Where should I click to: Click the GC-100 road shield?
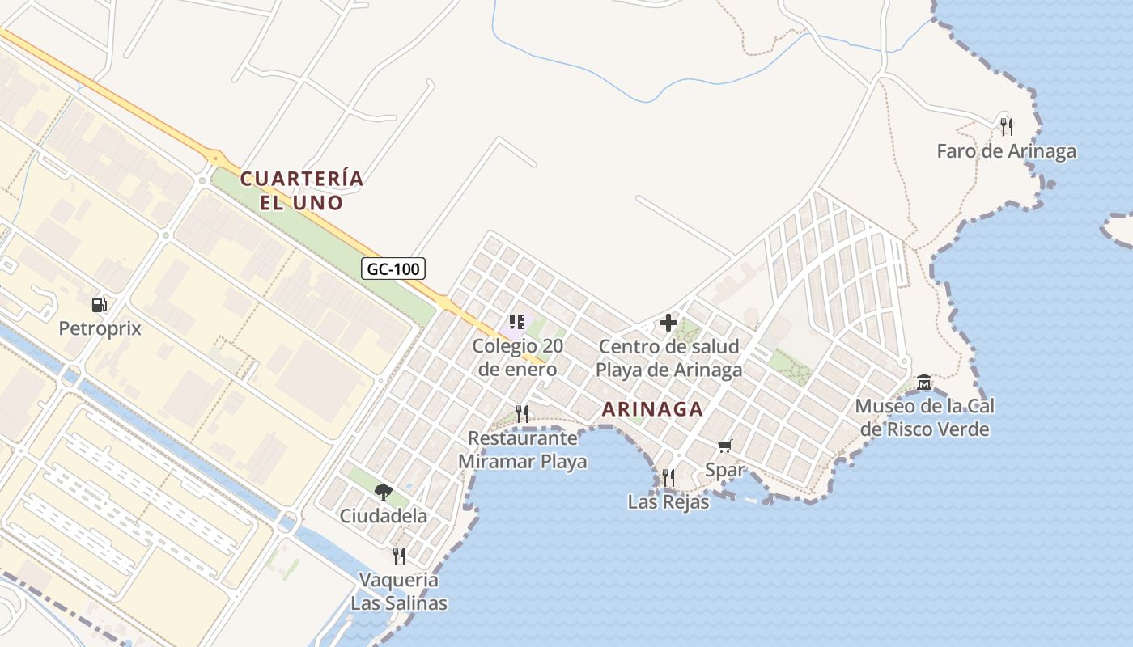(393, 269)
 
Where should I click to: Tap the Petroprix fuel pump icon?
(100, 305)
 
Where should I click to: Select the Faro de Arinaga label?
(1006, 151)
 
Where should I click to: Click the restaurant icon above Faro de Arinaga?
(1006, 126)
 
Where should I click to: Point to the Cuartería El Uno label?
(302, 190)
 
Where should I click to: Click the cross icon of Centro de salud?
(668, 323)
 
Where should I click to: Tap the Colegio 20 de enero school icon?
(517, 322)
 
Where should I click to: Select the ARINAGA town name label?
(652, 409)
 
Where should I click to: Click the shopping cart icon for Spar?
(724, 446)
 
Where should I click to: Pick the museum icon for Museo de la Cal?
(923, 382)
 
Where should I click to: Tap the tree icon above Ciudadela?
(383, 492)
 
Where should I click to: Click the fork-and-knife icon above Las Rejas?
(668, 478)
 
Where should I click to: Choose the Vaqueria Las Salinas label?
(399, 591)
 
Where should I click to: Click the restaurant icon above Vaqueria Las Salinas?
(398, 556)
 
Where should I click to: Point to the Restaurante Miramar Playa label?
(523, 450)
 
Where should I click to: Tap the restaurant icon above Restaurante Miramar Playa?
(522, 414)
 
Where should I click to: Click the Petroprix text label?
(100, 328)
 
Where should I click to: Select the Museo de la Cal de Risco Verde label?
(925, 417)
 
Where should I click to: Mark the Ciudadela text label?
(383, 515)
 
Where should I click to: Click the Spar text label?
(724, 469)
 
